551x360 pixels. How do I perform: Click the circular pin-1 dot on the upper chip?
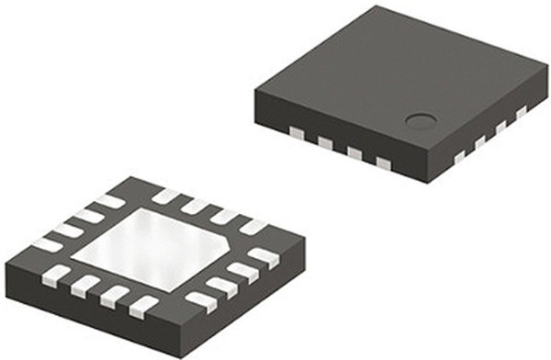tap(422, 119)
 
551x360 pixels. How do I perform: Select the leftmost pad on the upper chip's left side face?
tap(297, 132)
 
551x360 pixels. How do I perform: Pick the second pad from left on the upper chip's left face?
tap(325, 142)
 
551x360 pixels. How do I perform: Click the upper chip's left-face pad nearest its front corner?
tap(383, 163)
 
